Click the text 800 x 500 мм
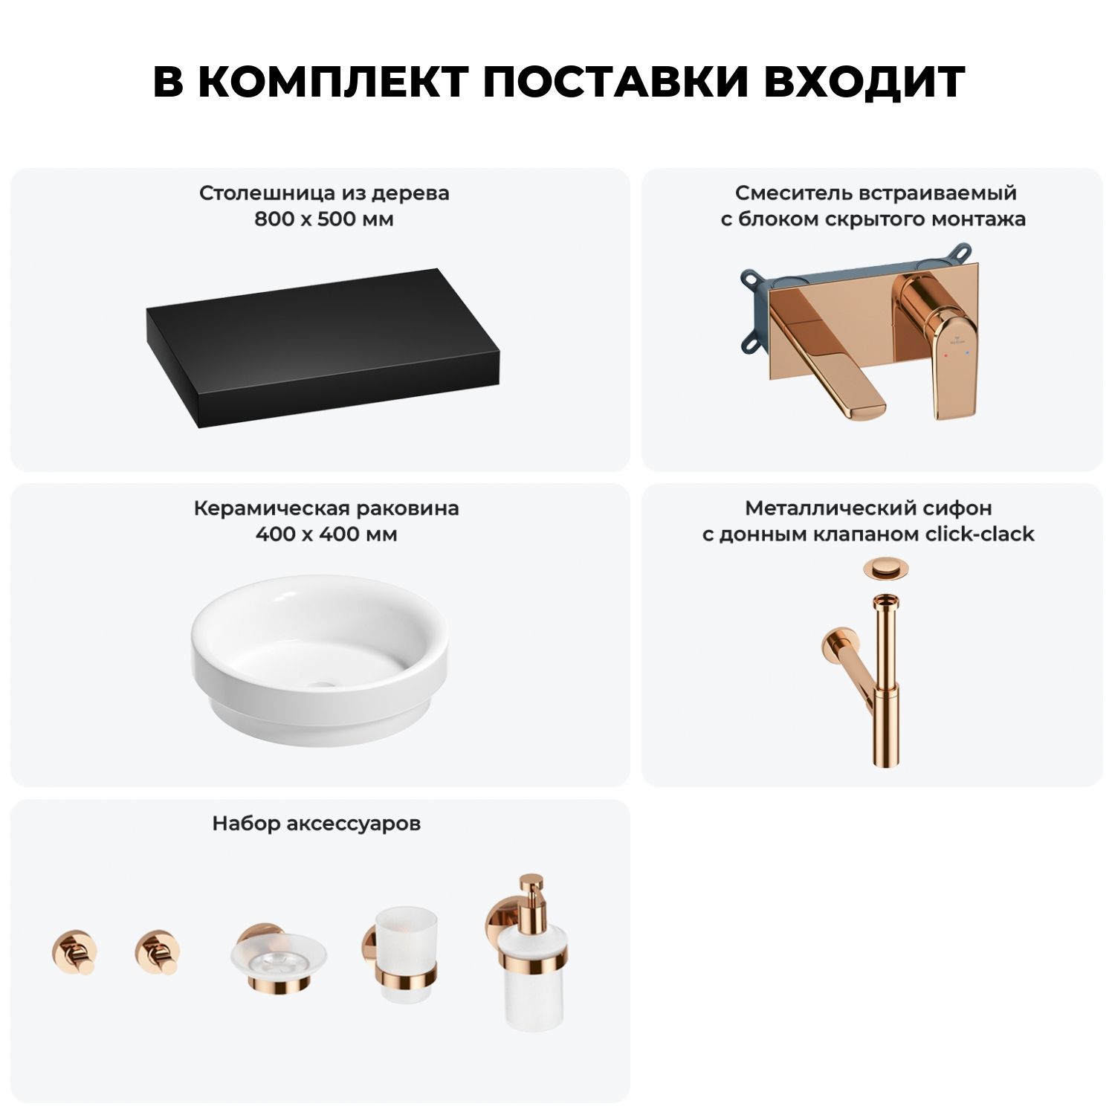point(324,219)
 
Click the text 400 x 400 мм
point(326,534)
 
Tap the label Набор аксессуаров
point(317,824)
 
